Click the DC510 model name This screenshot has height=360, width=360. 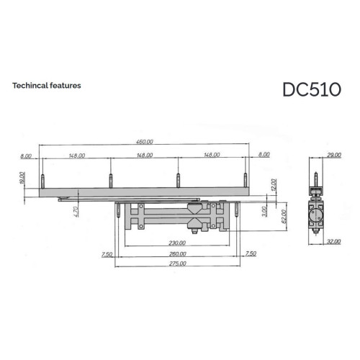coord(312,89)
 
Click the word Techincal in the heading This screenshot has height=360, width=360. coord(30,86)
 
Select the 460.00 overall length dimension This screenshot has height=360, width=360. coord(145,142)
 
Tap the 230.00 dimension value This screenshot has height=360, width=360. coord(177,243)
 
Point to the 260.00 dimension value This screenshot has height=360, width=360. coord(178,253)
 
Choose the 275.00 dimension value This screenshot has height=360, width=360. coord(178,264)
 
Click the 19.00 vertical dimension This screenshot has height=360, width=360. coord(22,178)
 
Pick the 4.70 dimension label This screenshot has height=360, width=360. coord(76,212)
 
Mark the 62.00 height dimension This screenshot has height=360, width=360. coord(284,216)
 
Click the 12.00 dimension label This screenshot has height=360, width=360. coord(274,184)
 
